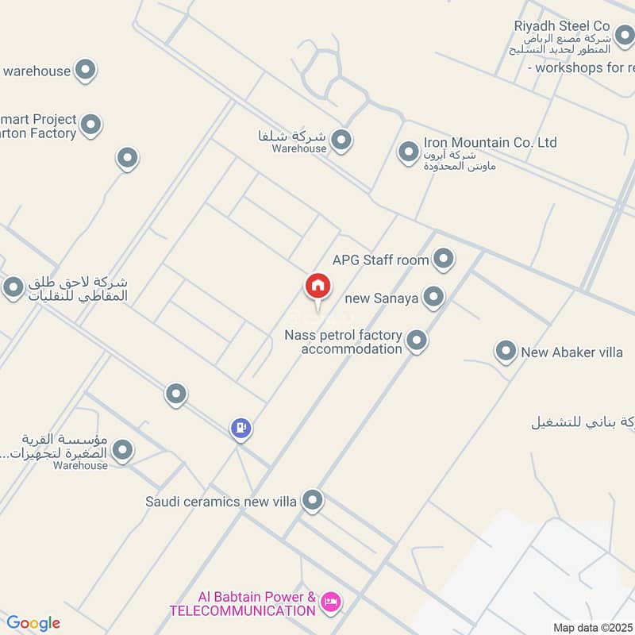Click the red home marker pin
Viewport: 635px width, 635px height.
[318, 287]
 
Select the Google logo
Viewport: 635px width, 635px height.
[33, 623]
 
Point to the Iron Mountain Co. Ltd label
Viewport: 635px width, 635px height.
[490, 143]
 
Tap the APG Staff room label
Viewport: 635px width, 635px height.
[380, 260]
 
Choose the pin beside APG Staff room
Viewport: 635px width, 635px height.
[443, 259]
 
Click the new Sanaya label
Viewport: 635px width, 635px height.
[382, 298]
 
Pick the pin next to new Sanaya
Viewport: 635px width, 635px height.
[433, 298]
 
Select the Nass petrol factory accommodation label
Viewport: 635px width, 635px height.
[343, 342]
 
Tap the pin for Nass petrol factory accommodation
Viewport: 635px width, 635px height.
[417, 341]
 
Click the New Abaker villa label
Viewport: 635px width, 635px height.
[571, 352]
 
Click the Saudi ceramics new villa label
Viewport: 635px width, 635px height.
[221, 502]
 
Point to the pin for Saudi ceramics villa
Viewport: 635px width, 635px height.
[314, 500]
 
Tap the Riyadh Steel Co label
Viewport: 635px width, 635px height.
[562, 26]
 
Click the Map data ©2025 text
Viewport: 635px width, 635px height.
[591, 627]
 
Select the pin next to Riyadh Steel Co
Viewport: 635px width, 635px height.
[623, 34]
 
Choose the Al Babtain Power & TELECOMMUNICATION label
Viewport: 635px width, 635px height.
[242, 603]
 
